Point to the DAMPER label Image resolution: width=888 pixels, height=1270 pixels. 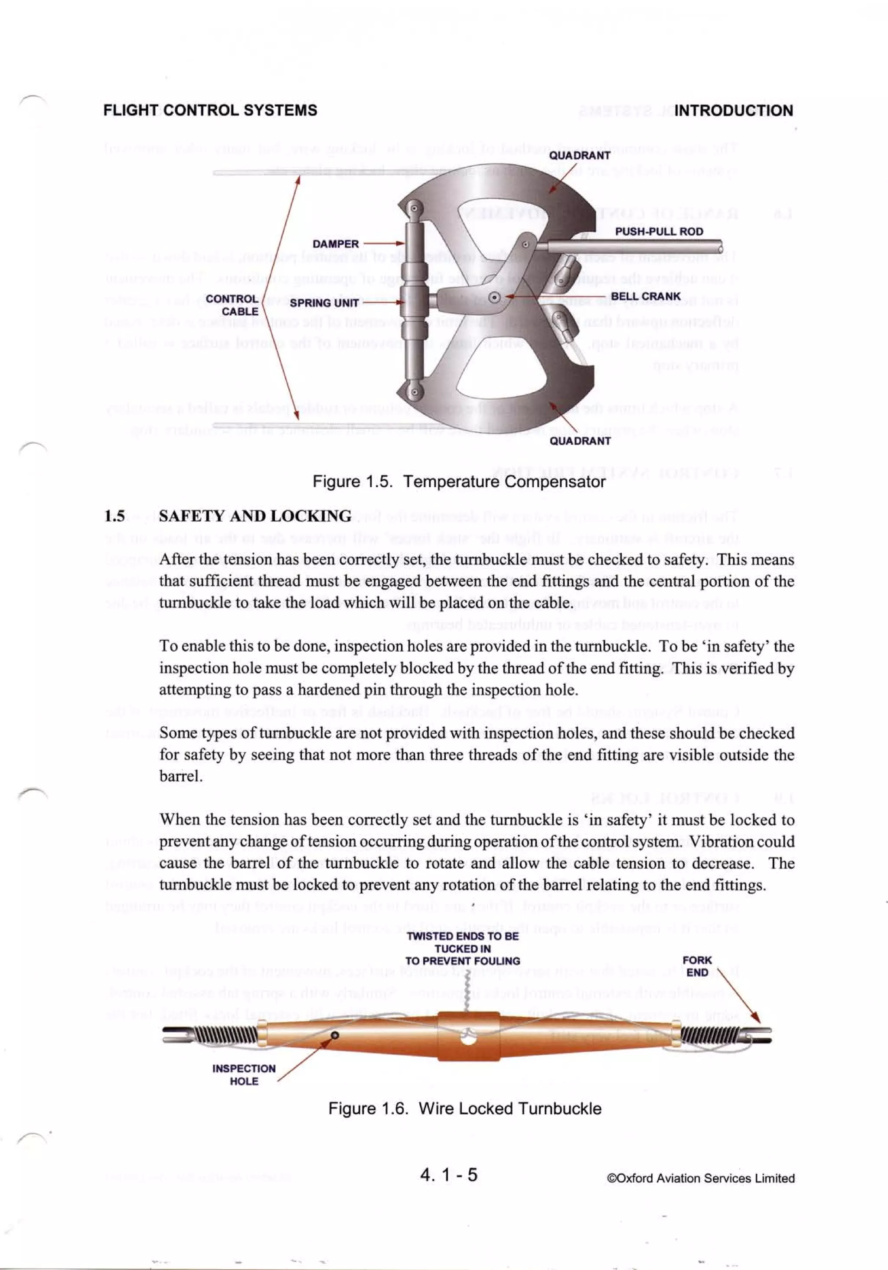[335, 244]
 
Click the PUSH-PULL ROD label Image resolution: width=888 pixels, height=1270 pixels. [659, 231]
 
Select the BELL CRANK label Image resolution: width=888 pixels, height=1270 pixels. [645, 296]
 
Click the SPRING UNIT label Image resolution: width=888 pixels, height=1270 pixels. [324, 303]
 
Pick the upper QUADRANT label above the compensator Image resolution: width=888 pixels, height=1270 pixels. [579, 155]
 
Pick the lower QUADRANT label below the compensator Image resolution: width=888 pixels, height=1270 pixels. [579, 441]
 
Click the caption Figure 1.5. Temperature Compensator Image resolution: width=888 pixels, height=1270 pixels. [458, 481]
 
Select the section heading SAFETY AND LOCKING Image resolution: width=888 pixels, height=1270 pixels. [255, 516]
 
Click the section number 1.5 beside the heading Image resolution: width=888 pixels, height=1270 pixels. [114, 516]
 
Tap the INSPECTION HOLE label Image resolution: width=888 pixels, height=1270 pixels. [243, 1075]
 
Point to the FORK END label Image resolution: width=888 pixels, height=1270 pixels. [697, 966]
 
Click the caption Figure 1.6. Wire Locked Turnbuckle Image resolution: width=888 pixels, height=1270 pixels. [464, 1109]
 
